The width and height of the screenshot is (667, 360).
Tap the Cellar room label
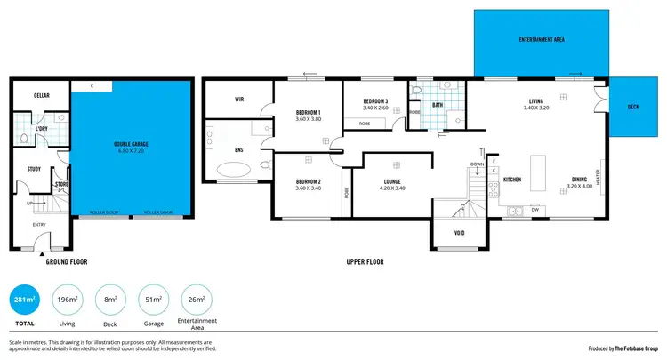[x=42, y=95]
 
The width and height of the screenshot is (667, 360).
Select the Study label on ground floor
[x=34, y=168]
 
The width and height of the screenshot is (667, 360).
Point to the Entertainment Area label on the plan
[x=542, y=41]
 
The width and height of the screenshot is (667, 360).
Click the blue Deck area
[x=632, y=106]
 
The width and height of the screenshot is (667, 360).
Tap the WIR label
[x=239, y=100]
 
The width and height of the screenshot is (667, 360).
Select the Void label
[x=459, y=234]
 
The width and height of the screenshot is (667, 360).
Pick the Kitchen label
[x=511, y=180]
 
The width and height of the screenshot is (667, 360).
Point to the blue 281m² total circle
[x=23, y=300]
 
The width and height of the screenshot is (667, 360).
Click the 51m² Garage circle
[x=152, y=300]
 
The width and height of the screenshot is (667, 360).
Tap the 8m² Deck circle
[x=109, y=300]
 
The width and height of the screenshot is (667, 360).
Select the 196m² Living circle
[x=67, y=300]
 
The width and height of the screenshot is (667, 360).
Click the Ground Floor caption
[x=65, y=263]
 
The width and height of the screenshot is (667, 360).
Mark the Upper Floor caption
[x=364, y=263]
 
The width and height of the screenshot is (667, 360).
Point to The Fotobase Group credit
[x=632, y=348]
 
